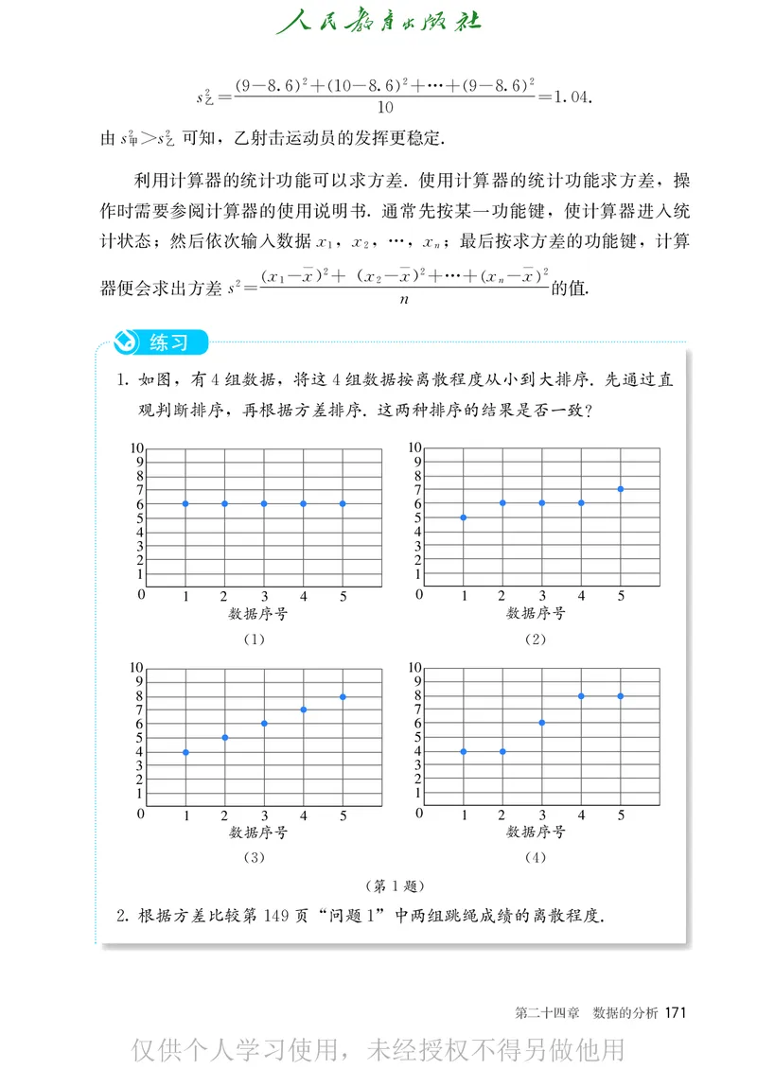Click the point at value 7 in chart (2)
click(621, 489)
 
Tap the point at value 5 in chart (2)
click(464, 517)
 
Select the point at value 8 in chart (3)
click(343, 696)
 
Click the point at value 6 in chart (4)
click(542, 722)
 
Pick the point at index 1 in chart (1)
click(185, 503)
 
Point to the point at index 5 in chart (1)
click(343, 503)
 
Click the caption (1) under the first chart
click(253, 639)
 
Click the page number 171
click(675, 1012)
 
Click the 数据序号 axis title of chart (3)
click(257, 833)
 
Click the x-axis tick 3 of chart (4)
click(542, 815)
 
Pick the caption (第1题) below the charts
click(394, 886)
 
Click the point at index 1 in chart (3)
click(185, 752)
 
